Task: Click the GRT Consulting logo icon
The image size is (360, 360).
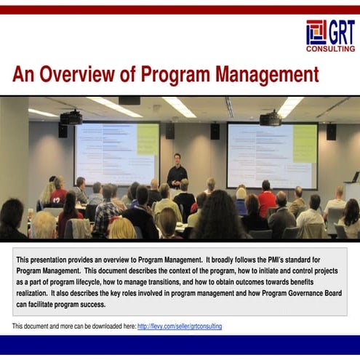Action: point(316,32)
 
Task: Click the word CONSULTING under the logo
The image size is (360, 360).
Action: point(330,49)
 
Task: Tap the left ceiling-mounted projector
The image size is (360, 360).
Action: point(71,118)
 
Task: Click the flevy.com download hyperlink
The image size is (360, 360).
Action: point(179,327)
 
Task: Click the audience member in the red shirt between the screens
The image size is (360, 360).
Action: point(266,200)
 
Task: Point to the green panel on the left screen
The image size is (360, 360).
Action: point(147,139)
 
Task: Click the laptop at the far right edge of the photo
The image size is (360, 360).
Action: point(355,177)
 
